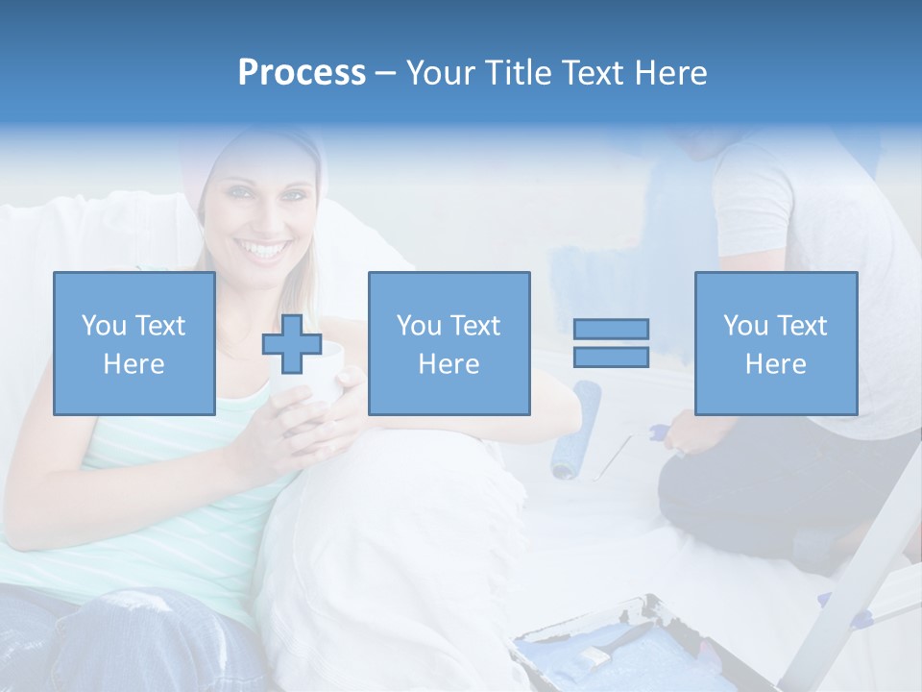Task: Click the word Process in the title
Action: click(x=302, y=73)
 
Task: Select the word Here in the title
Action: click(x=667, y=73)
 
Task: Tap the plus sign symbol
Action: click(x=292, y=344)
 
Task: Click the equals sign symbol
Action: click(x=611, y=343)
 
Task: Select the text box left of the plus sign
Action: click(x=133, y=344)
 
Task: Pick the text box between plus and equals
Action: click(x=449, y=344)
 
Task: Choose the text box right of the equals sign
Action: click(x=775, y=344)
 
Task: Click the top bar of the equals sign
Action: click(x=611, y=330)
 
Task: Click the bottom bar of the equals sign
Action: click(x=611, y=357)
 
